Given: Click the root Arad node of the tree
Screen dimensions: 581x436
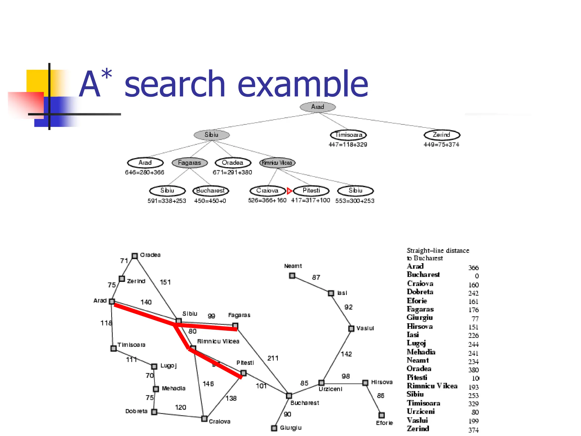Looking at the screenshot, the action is pyautogui.click(x=318, y=107).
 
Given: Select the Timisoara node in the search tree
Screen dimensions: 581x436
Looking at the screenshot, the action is pyautogui.click(x=348, y=135).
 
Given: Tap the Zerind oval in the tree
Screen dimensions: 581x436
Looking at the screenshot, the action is pyautogui.click(x=442, y=135).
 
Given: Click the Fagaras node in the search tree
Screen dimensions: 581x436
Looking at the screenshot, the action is pyautogui.click(x=190, y=163).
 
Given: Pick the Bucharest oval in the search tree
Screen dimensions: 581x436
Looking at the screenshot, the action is pyautogui.click(x=210, y=191).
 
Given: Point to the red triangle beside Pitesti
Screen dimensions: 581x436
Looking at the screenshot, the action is pyautogui.click(x=289, y=191).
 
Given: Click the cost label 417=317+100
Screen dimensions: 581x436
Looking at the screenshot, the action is pyautogui.click(x=310, y=200).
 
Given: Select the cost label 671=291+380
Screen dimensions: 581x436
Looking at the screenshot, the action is pyautogui.click(x=232, y=172).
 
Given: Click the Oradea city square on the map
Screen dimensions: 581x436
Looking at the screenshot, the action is pyautogui.click(x=135, y=256).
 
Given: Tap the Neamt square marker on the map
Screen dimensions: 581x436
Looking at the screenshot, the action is pyautogui.click(x=292, y=276).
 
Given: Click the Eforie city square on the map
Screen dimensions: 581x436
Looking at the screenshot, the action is pyautogui.click(x=382, y=415).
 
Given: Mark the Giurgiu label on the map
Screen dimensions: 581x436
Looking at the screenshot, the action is pyautogui.click(x=290, y=428).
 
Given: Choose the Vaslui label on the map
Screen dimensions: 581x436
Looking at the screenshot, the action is pyautogui.click(x=365, y=328).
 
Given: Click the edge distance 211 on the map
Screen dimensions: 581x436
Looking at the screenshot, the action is pyautogui.click(x=273, y=358).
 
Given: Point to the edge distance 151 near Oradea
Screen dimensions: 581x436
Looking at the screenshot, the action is pyautogui.click(x=165, y=282).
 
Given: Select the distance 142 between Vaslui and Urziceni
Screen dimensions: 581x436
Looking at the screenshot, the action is pyautogui.click(x=346, y=354).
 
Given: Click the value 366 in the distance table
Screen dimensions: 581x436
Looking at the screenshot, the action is pyautogui.click(x=473, y=268).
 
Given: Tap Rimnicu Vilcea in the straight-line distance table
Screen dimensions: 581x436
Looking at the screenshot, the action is pyautogui.click(x=432, y=386).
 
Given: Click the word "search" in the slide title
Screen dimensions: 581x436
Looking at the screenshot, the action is pyautogui.click(x=175, y=84).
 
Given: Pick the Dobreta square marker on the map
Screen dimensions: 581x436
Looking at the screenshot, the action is pyautogui.click(x=154, y=412).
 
